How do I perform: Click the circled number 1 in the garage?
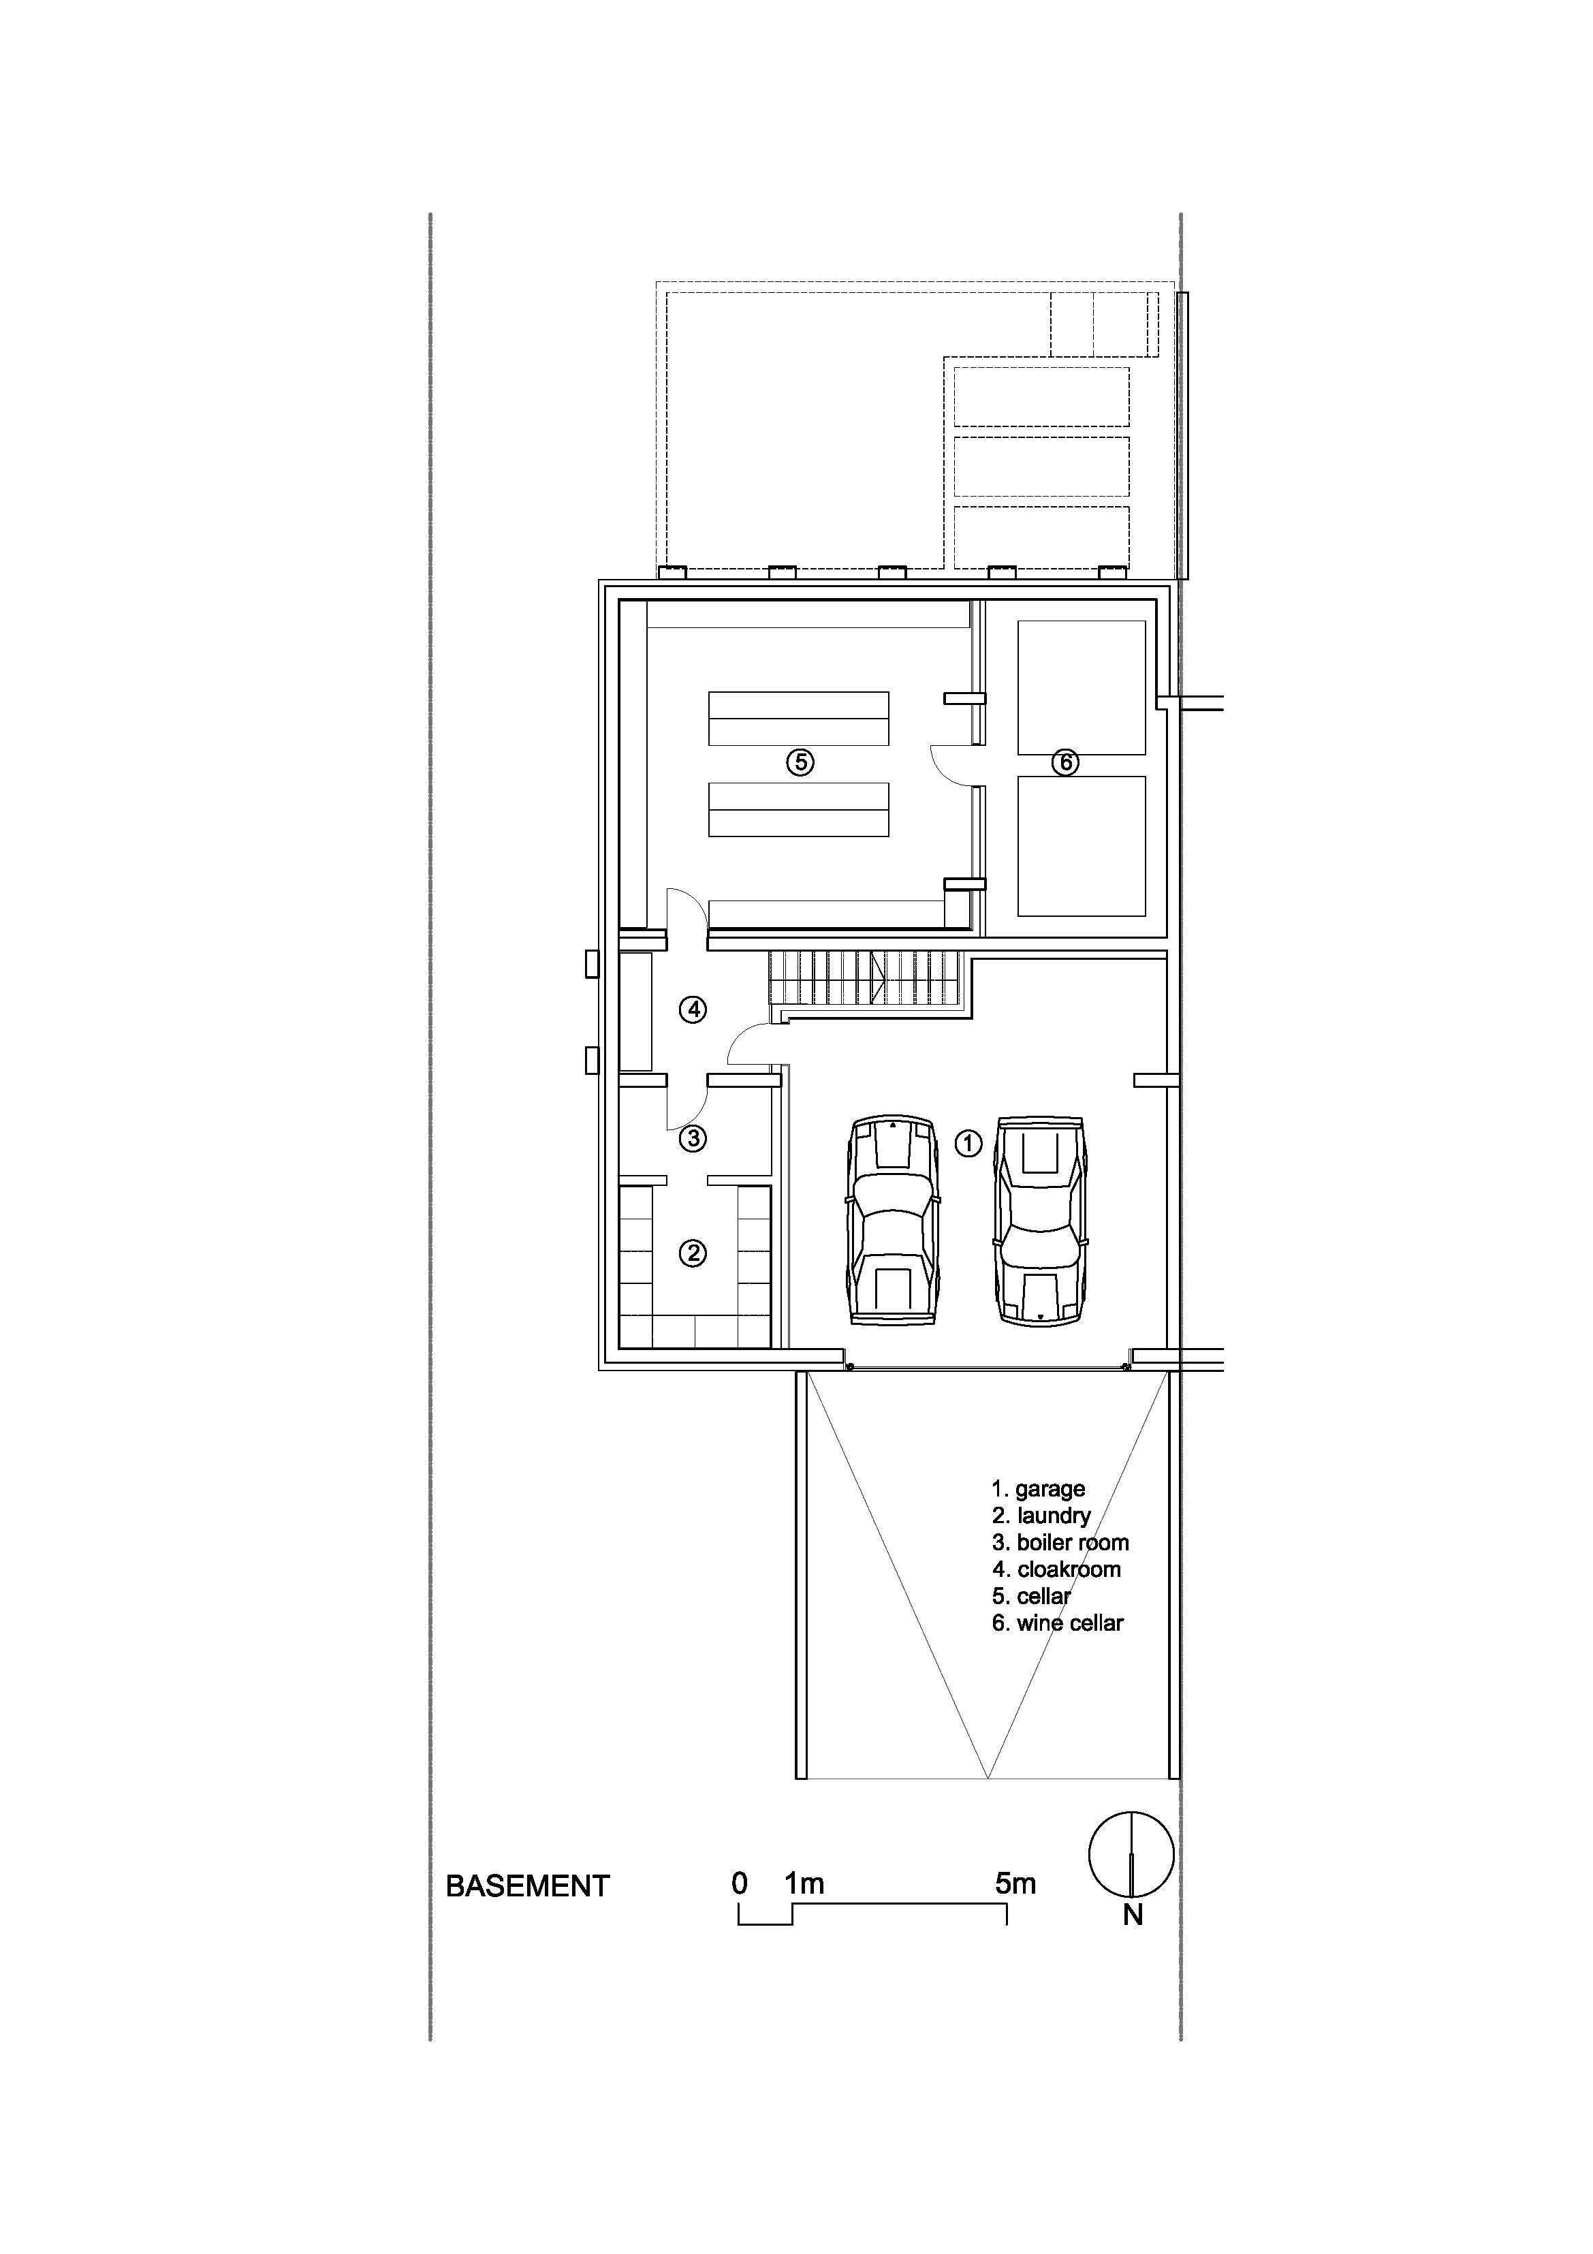pyautogui.click(x=968, y=1143)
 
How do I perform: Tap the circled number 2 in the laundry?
pyautogui.click(x=693, y=1253)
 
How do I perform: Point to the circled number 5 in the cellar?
pyautogui.click(x=800, y=762)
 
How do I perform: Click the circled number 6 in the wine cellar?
pyautogui.click(x=1065, y=762)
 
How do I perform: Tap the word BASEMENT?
pyautogui.click(x=528, y=1886)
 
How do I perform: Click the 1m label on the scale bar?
pyautogui.click(x=804, y=1883)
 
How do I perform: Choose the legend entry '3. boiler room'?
pyautogui.click(x=1060, y=1542)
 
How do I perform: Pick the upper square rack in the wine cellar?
pyautogui.click(x=1082, y=687)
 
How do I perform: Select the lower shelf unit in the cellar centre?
pyautogui.click(x=799, y=809)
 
